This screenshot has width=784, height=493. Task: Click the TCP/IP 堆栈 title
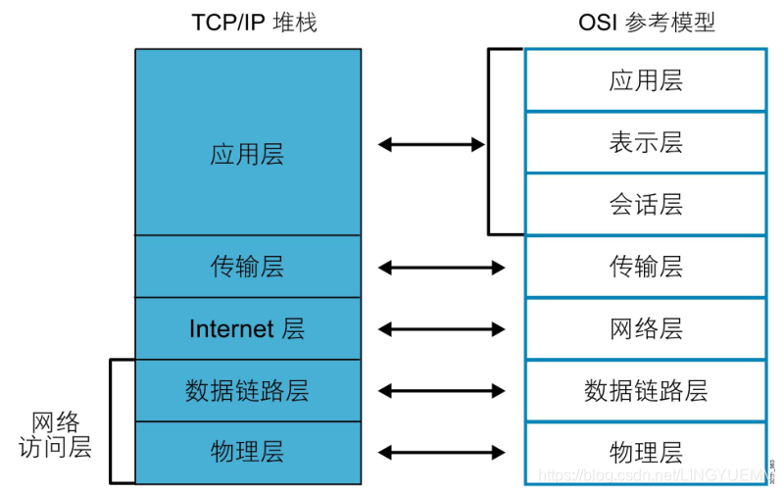(254, 23)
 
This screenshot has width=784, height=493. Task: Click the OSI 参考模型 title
(648, 23)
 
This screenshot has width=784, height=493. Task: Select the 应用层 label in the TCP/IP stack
(247, 155)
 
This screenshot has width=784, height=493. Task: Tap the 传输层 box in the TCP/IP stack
(247, 267)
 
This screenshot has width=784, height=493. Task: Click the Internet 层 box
(247, 328)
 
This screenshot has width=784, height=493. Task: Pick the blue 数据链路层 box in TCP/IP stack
(247, 390)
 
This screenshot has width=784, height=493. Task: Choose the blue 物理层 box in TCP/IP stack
(247, 452)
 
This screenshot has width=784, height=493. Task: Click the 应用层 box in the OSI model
(645, 80)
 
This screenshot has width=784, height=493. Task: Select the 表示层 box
(645, 143)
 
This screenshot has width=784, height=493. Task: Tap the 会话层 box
(645, 205)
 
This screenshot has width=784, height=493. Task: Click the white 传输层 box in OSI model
(645, 267)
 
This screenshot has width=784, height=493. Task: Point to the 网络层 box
(645, 328)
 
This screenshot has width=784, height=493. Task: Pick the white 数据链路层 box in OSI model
(645, 390)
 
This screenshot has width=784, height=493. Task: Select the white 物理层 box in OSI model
(645, 452)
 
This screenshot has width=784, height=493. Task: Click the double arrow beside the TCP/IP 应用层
(431, 145)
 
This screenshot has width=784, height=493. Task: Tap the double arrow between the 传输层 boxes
(441, 268)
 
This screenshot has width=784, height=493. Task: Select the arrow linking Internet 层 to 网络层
(441, 328)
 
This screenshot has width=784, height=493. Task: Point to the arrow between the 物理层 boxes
(441, 452)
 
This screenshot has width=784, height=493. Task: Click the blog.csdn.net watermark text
(647, 475)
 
